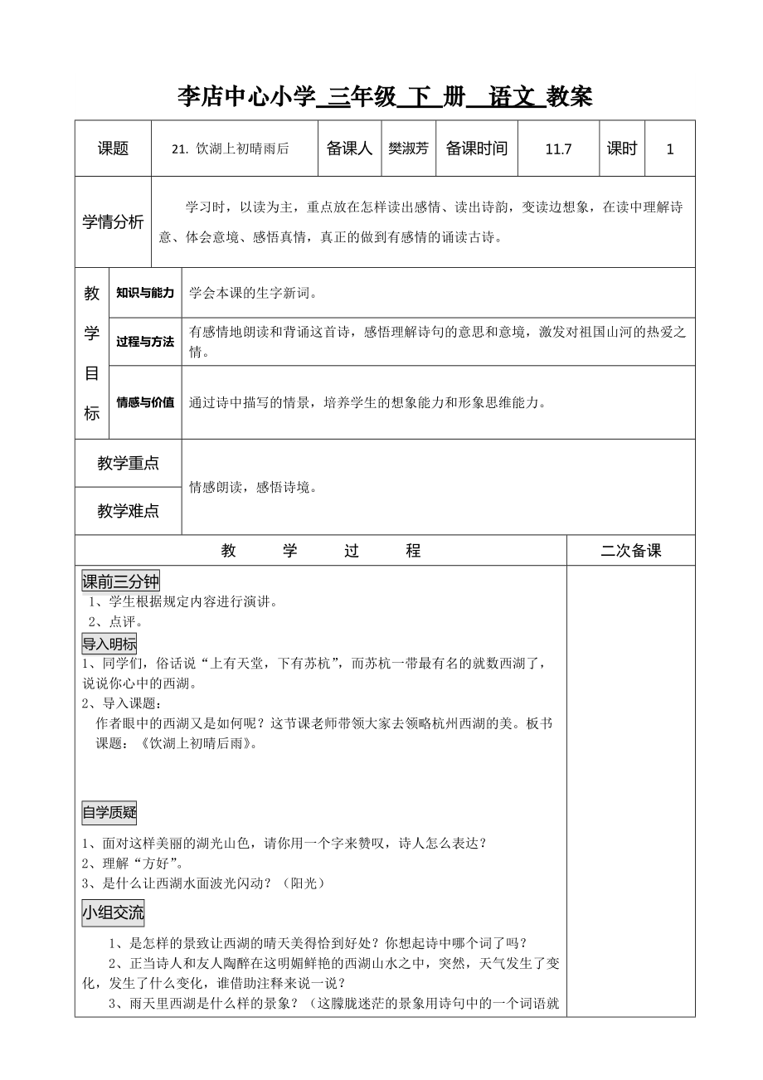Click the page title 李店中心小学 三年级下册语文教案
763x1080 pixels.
(386, 97)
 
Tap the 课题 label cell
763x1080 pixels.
(114, 148)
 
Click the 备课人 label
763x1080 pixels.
(349, 148)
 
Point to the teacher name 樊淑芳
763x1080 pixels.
(408, 149)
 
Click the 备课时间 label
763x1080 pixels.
(476, 148)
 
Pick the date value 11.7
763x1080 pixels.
(559, 149)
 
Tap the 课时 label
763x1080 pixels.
(622, 148)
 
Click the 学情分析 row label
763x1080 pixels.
(113, 221)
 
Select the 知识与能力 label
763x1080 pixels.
(145, 293)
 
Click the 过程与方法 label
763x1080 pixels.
(145, 341)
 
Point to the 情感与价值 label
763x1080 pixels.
(145, 402)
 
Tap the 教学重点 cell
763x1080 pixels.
(128, 464)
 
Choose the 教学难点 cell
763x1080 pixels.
(128, 511)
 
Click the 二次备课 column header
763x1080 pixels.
(631, 551)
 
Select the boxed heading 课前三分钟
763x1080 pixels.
(120, 581)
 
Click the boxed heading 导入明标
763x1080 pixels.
(109, 645)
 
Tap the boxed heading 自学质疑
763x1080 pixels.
(109, 813)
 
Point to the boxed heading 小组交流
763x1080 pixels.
(113, 914)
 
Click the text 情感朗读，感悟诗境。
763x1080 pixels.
(252, 488)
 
